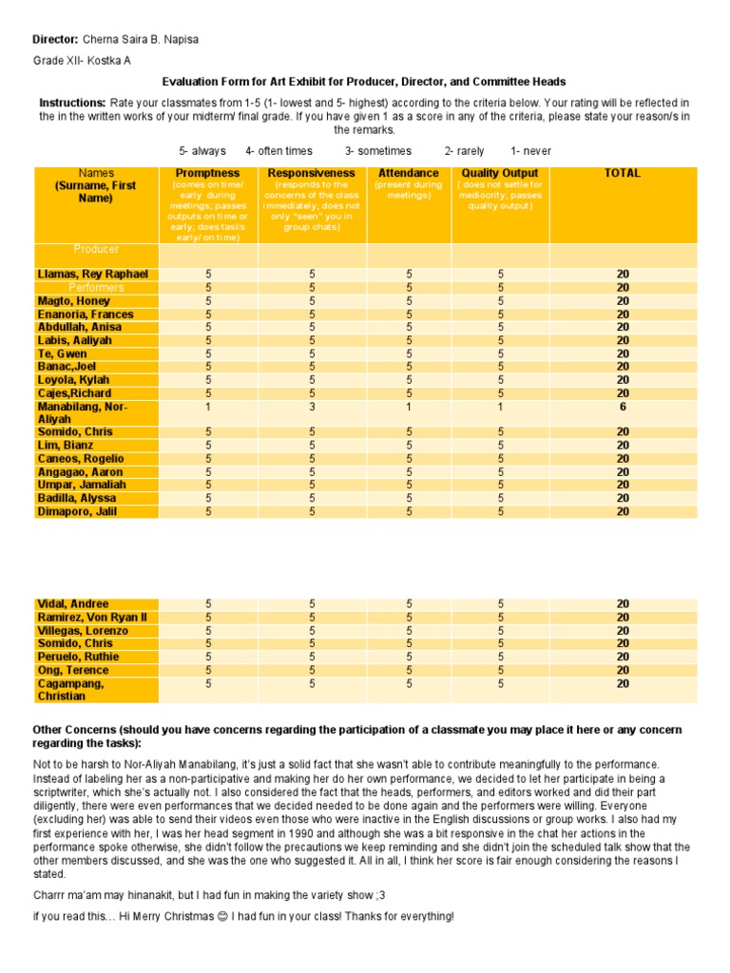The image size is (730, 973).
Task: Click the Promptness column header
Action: coord(207,173)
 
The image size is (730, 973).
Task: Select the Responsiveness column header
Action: coord(312,173)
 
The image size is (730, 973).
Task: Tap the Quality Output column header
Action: coord(500,173)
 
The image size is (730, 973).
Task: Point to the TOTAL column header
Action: coord(623,173)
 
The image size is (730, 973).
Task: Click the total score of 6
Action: coord(623,406)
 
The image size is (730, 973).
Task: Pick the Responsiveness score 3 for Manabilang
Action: coord(312,406)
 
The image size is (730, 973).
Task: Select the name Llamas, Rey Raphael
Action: coord(92,275)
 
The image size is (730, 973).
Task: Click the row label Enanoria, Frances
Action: coord(86,315)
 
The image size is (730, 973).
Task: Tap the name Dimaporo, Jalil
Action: coord(78,511)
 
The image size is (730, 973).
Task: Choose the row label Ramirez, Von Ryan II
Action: coord(93,618)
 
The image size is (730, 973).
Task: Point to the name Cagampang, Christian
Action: coord(72,690)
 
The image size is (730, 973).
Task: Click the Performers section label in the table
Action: coord(96,287)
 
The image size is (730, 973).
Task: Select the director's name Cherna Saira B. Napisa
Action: coord(142,39)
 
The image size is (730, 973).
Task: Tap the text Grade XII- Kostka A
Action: coord(82,61)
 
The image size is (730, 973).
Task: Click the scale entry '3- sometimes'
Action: coord(378,151)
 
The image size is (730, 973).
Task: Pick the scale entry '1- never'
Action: coord(530,151)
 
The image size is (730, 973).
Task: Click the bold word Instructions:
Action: coord(72,103)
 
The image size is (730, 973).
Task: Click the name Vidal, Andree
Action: coord(73,604)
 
